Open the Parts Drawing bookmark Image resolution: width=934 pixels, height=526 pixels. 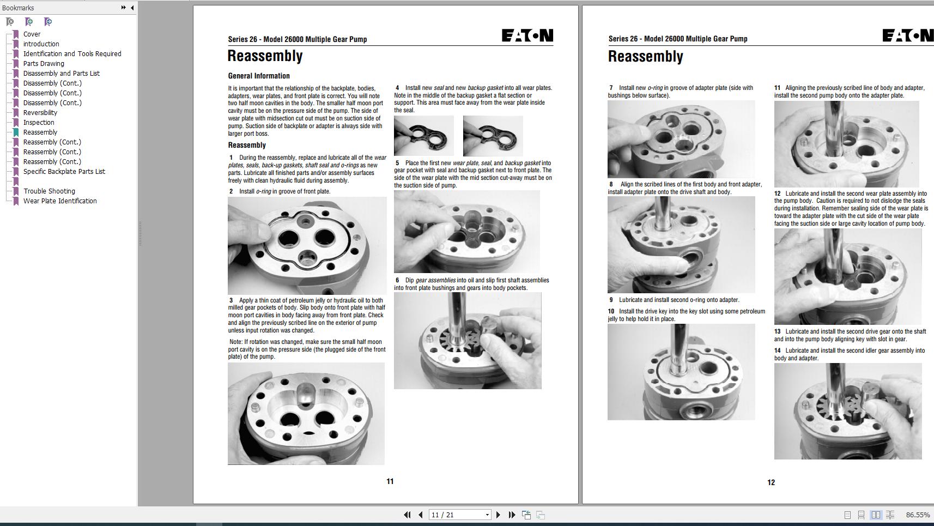click(x=44, y=64)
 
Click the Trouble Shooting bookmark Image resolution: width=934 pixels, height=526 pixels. click(x=49, y=191)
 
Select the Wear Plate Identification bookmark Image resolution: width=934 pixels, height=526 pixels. click(x=60, y=201)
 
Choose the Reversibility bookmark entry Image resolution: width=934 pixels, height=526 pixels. click(x=40, y=113)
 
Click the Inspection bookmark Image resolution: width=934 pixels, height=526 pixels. click(x=39, y=123)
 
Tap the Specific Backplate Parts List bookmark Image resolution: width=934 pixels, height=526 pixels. click(x=64, y=172)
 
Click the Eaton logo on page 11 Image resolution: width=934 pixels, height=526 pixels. click(x=527, y=36)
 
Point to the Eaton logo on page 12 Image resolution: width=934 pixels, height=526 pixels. click(x=907, y=36)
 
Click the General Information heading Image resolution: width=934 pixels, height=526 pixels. click(x=259, y=76)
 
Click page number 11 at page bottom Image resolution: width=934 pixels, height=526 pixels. click(x=390, y=481)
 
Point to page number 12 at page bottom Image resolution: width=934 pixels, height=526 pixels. click(x=771, y=482)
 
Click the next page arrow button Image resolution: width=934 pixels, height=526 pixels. click(x=498, y=515)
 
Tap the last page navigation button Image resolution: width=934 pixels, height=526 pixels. click(x=512, y=515)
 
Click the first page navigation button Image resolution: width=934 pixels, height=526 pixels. click(x=407, y=515)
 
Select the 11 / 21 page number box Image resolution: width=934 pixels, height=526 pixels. click(x=457, y=515)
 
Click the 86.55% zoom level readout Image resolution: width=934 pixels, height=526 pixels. click(x=918, y=515)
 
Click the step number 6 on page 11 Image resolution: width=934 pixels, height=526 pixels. click(x=397, y=280)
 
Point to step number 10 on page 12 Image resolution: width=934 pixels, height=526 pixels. click(x=611, y=311)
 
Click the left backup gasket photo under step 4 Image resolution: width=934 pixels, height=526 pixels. click(x=423, y=136)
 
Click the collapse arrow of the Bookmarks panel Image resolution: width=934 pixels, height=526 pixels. click(x=132, y=8)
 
